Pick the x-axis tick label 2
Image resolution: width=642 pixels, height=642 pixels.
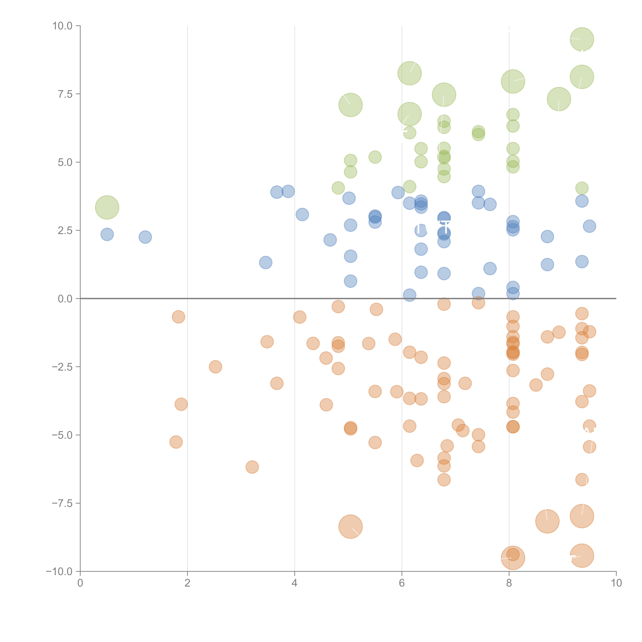[187, 583]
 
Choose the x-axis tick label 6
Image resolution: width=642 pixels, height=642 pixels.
[402, 583]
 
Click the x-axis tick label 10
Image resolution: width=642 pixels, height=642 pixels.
[616, 583]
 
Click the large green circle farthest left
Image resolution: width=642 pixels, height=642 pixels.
[107, 207]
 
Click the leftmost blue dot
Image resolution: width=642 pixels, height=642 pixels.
[107, 234]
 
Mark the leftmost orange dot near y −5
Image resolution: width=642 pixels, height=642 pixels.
[176, 442]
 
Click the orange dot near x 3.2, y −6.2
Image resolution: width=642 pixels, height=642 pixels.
[252, 467]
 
